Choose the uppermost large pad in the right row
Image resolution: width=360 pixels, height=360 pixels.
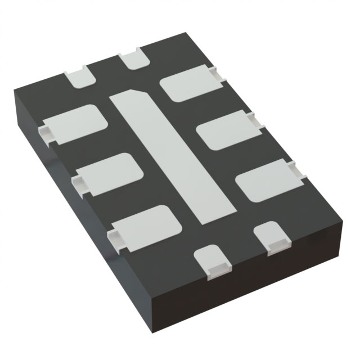tap(188, 82)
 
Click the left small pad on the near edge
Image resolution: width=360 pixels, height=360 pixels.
tap(213, 262)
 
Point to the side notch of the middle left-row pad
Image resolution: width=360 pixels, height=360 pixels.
tap(79, 182)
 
